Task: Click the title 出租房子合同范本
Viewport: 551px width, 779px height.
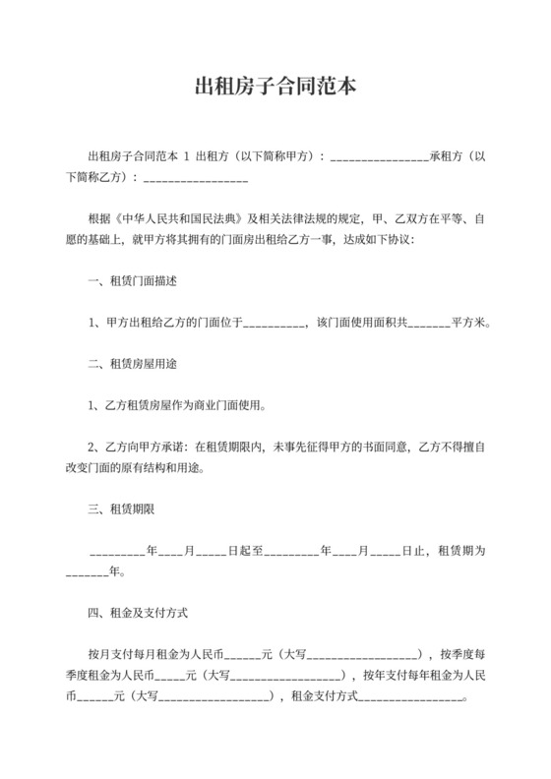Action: coord(275,87)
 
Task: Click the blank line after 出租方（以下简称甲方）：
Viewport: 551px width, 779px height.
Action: coord(379,156)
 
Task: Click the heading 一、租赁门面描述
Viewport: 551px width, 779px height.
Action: coord(132,281)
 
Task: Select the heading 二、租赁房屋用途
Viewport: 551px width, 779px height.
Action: coord(132,364)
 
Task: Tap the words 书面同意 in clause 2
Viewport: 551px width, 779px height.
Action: coord(365,447)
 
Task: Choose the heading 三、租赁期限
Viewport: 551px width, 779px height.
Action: coord(120,509)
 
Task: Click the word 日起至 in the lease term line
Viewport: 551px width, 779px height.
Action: coord(245,550)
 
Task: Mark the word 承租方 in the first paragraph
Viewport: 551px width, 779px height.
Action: coord(445,156)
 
